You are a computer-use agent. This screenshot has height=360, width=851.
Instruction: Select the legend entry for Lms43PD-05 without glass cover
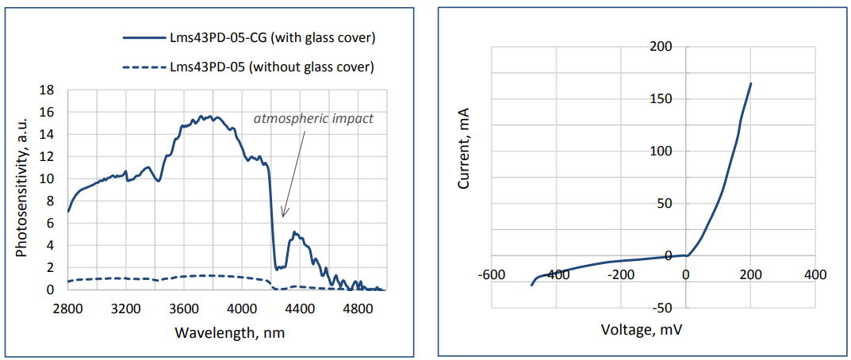271,67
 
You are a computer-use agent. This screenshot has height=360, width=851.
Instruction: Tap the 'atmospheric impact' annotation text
313,119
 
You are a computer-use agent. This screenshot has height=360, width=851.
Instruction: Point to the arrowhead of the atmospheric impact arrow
282,216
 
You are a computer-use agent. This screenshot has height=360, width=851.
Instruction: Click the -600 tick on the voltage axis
492,274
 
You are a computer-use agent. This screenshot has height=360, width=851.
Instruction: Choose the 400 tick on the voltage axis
815,274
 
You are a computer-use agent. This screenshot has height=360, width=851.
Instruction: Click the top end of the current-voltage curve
751,83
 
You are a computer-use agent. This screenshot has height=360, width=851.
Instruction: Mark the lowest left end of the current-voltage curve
531,285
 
